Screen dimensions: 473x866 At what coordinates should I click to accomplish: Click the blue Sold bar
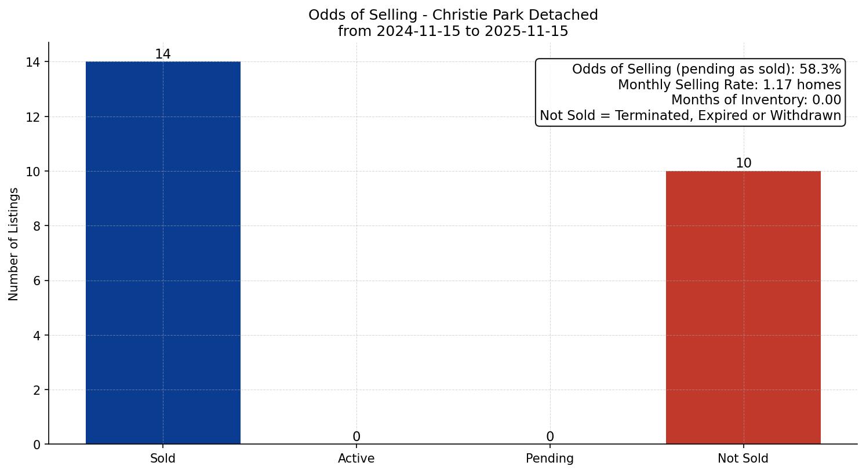click(163, 252)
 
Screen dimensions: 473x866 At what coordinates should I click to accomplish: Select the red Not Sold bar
click(743, 307)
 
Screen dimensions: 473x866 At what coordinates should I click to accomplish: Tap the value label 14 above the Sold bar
click(163, 54)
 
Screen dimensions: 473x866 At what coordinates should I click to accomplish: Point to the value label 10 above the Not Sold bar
click(743, 163)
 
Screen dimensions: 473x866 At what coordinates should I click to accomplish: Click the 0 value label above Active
click(356, 437)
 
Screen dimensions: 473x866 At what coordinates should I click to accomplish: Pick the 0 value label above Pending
click(550, 437)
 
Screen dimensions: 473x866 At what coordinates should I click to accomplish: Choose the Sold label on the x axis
click(163, 459)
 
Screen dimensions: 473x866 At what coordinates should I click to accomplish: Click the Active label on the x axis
click(356, 459)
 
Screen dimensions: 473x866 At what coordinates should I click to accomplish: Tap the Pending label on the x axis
click(550, 459)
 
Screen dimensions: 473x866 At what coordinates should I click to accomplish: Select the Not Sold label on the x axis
click(743, 459)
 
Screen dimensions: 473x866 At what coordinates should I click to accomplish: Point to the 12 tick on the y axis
click(33, 117)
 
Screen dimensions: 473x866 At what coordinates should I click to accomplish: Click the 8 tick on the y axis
click(37, 226)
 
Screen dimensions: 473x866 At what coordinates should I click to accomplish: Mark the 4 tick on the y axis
click(37, 336)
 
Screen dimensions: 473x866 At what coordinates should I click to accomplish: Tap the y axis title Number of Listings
click(14, 244)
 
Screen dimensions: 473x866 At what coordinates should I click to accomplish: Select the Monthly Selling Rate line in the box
click(729, 85)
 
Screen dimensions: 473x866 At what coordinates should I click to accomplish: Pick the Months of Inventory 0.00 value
click(827, 100)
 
